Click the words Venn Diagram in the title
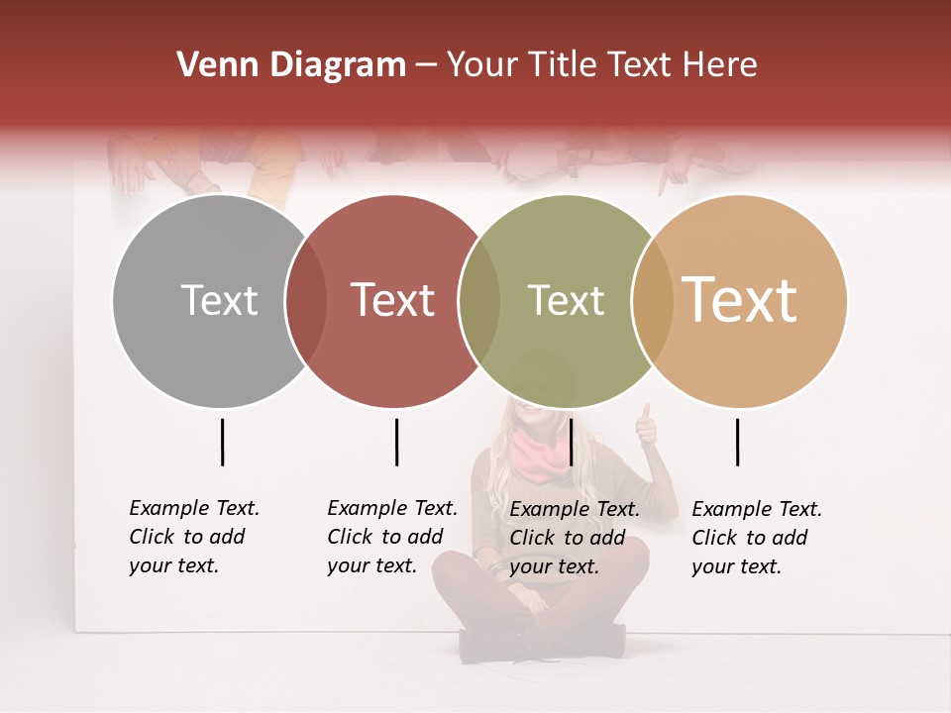[x=291, y=65]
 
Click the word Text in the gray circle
[x=219, y=300]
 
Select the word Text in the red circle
[x=392, y=300]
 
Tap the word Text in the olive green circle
[x=566, y=300]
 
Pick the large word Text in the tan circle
[x=739, y=299]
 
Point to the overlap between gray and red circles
[x=306, y=301]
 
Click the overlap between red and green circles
[x=479, y=301]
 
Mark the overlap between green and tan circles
[x=652, y=301]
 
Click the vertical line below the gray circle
[x=223, y=442]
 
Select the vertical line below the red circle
[x=396, y=442]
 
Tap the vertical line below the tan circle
[x=737, y=442]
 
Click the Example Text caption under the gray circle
[x=194, y=537]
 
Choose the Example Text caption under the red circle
[x=392, y=537]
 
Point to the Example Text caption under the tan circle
[x=757, y=538]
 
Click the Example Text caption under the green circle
[x=575, y=538]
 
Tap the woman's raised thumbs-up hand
[x=646, y=427]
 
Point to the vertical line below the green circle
[x=571, y=442]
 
